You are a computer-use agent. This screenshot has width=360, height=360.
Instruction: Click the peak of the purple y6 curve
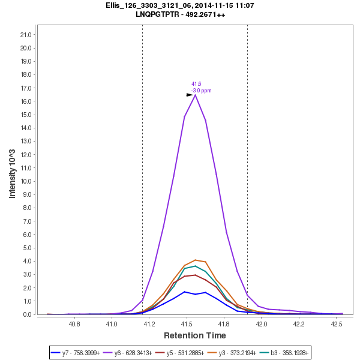tap(195, 95)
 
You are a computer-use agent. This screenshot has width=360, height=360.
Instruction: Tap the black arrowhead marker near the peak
tap(190, 95)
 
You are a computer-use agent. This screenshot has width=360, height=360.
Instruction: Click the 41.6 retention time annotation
tap(196, 84)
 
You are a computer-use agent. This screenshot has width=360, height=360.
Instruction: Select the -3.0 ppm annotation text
tap(202, 91)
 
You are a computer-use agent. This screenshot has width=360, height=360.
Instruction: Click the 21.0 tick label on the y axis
tap(26, 35)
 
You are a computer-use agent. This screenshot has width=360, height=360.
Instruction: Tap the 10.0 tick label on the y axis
tap(26, 181)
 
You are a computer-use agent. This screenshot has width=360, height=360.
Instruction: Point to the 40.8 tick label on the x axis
tap(74, 323)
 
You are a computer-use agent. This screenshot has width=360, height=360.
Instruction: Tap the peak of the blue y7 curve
tap(185, 292)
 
